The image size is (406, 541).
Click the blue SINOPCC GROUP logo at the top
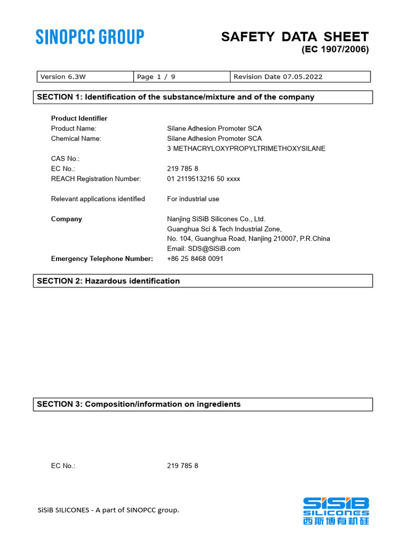pyautogui.click(x=90, y=37)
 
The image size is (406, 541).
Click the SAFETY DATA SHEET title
pyautogui.click(x=294, y=36)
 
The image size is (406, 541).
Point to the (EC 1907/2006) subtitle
pyautogui.click(x=335, y=50)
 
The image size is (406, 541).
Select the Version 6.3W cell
pyautogui.click(x=85, y=77)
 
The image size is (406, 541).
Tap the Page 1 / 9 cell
pyautogui.click(x=181, y=77)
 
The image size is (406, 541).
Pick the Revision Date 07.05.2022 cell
pyautogui.click(x=300, y=77)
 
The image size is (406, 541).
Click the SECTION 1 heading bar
pyautogui.click(x=203, y=97)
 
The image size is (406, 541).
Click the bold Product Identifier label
pyautogui.click(x=79, y=118)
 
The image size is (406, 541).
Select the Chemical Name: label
pyautogui.click(x=76, y=138)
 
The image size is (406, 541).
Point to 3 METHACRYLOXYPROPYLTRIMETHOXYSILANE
pyautogui.click(x=246, y=148)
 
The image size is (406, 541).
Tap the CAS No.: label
pyautogui.click(x=65, y=158)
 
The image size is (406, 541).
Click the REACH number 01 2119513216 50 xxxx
pyautogui.click(x=204, y=179)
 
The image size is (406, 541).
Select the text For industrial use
pyautogui.click(x=193, y=199)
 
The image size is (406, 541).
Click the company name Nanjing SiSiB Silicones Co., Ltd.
pyautogui.click(x=216, y=219)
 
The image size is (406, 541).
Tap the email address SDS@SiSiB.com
pyautogui.click(x=204, y=248)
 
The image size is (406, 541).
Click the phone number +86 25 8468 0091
pyautogui.click(x=195, y=258)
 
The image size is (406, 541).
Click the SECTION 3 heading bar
pyautogui.click(x=203, y=404)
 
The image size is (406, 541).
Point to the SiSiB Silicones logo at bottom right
pyautogui.click(x=336, y=510)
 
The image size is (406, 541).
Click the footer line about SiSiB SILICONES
pyautogui.click(x=108, y=510)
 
